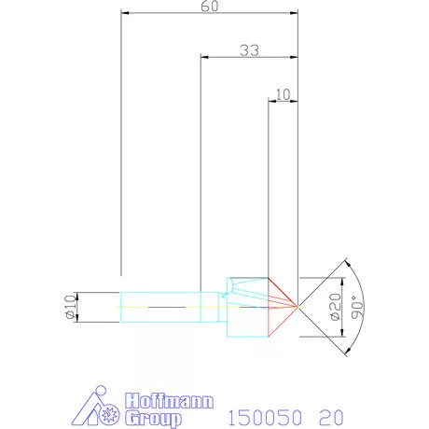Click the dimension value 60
(210, 7)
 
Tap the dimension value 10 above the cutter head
(284, 93)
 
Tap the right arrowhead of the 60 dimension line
(295, 14)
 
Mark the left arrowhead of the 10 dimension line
(271, 100)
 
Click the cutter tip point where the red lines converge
(298, 306)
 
